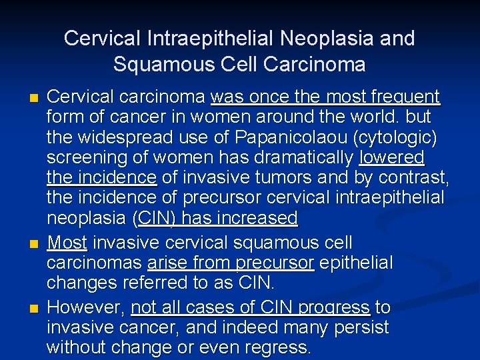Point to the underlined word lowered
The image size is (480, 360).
[x=391, y=157]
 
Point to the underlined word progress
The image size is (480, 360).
[x=337, y=307]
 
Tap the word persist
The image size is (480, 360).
[x=364, y=327]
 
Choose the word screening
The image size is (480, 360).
[x=83, y=157]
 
